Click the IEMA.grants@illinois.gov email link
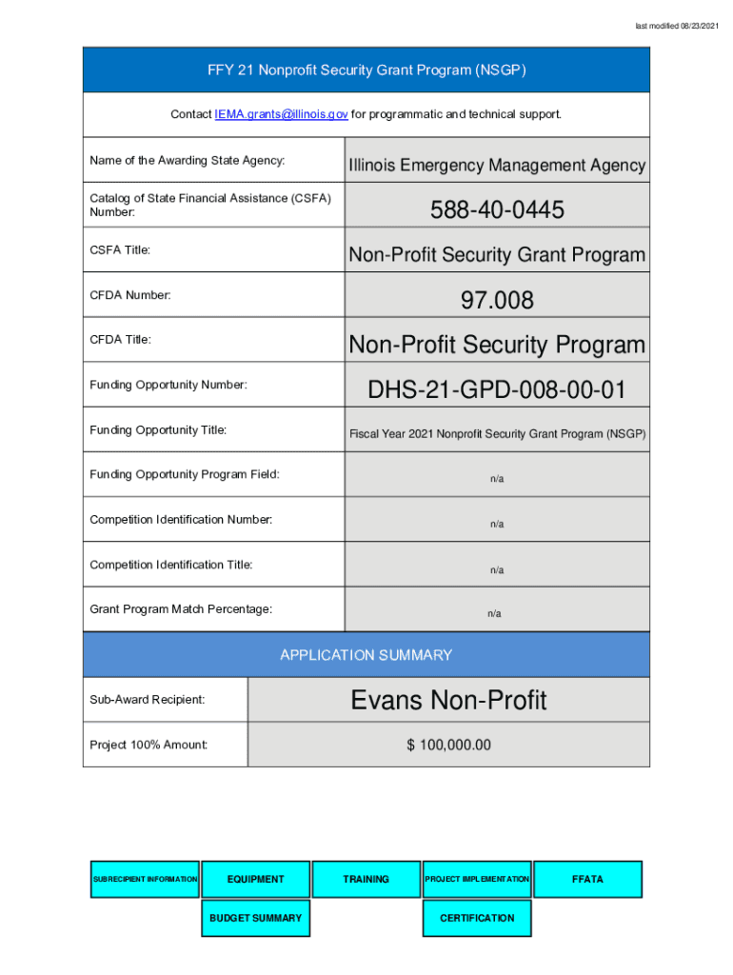(281, 114)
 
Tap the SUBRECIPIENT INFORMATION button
(146, 879)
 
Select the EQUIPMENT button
(255, 879)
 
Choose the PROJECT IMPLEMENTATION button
(477, 879)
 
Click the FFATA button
(587, 879)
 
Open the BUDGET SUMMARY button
(255, 918)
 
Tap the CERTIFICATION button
(477, 918)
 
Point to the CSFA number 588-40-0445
(497, 209)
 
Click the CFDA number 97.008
(497, 301)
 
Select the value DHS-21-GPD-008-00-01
(497, 389)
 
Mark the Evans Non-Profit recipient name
(448, 701)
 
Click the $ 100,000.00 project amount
(448, 745)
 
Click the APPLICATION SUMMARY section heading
(366, 655)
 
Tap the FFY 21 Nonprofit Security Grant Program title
(366, 70)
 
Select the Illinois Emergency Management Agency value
(497, 166)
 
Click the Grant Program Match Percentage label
(181, 608)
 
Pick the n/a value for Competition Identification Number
(497, 525)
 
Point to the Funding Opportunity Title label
(158, 430)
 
